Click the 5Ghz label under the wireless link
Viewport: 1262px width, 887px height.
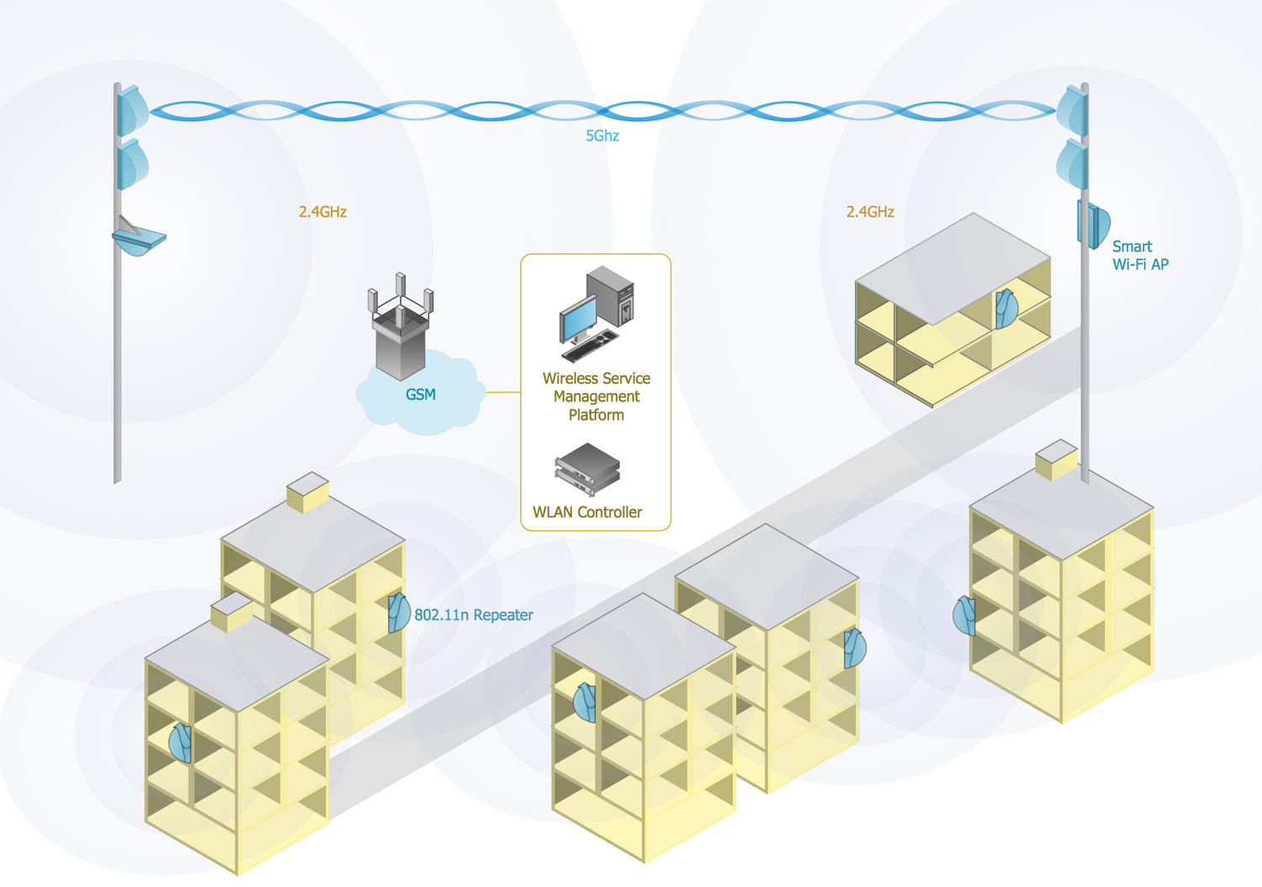pyautogui.click(x=602, y=135)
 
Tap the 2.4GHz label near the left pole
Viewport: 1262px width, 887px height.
pyautogui.click(x=322, y=212)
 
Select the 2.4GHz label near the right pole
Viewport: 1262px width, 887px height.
pyautogui.click(x=870, y=212)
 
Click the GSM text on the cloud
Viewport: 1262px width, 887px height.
pyautogui.click(x=421, y=394)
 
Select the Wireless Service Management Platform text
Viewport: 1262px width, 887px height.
pyautogui.click(x=597, y=396)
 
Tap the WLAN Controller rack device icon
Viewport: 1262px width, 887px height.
pyautogui.click(x=587, y=469)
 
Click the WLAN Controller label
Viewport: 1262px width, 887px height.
pyautogui.click(x=587, y=513)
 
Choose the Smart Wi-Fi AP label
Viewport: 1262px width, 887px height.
pyautogui.click(x=1140, y=255)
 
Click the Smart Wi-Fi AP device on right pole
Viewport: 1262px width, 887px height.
pyautogui.click(x=1094, y=225)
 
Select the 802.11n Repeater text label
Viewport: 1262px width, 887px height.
pyautogui.click(x=474, y=615)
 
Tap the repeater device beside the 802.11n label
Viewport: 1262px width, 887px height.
pyautogui.click(x=398, y=613)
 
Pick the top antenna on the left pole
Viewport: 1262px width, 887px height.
pyautogui.click(x=132, y=111)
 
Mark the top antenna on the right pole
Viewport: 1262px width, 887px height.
pyautogui.click(x=1073, y=109)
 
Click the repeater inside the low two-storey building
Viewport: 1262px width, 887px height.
pyautogui.click(x=1005, y=308)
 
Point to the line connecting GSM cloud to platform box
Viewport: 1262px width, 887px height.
pyautogui.click(x=503, y=392)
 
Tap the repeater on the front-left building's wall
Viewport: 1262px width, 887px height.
pyautogui.click(x=181, y=742)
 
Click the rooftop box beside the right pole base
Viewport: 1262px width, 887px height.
pyautogui.click(x=1056, y=459)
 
